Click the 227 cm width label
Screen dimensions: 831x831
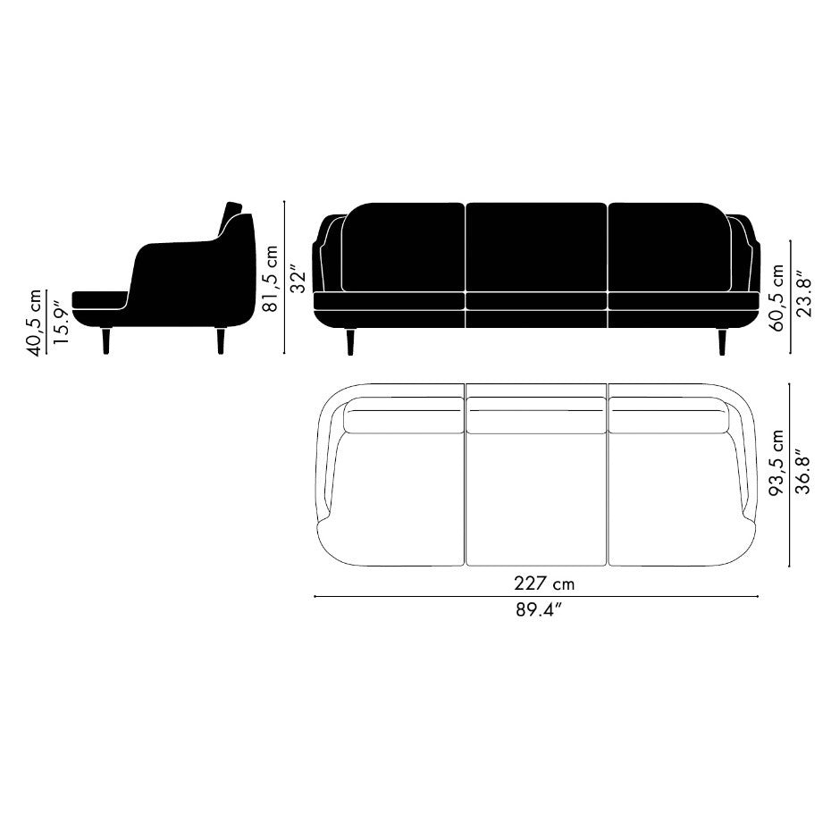click(x=544, y=583)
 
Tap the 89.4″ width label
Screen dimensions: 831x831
click(x=539, y=610)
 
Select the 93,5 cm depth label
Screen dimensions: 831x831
click(x=776, y=463)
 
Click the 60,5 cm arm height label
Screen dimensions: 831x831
click(x=777, y=298)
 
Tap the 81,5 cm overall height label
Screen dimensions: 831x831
click(x=272, y=278)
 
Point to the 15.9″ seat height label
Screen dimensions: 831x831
click(x=62, y=323)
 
